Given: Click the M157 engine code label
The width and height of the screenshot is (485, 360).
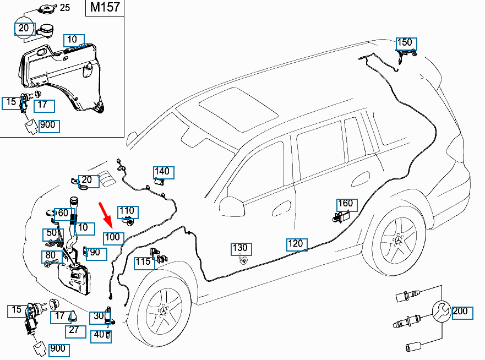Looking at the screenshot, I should (105, 9).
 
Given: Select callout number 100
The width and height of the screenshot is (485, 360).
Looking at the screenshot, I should (113, 237).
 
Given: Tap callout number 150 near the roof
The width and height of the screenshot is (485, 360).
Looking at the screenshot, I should (404, 42).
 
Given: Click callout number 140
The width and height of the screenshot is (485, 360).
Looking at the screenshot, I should (162, 171).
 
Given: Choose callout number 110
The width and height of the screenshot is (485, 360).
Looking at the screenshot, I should (127, 211).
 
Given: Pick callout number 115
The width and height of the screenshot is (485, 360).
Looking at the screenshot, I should (143, 262).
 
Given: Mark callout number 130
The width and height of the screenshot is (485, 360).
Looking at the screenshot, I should (240, 248).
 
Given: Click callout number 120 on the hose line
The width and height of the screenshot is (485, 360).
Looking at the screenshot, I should (296, 243).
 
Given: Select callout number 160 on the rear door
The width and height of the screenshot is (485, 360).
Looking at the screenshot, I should (345, 204).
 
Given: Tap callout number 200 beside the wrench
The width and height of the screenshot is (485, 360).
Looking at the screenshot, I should (460, 312).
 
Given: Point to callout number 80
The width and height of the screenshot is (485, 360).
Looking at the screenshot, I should (51, 256).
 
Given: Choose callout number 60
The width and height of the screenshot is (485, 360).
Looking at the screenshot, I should (63, 213).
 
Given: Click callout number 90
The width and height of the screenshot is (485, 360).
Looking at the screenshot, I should (94, 252).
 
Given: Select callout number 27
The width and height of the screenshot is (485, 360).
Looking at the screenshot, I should (74, 330).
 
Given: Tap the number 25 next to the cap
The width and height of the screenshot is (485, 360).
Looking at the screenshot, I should (64, 8).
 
